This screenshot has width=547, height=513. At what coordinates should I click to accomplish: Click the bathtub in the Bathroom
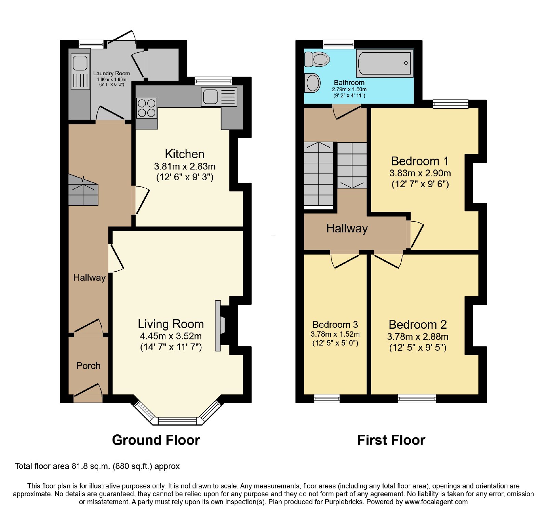tap(385, 63)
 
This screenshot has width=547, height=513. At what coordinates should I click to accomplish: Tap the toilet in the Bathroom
tap(317, 59)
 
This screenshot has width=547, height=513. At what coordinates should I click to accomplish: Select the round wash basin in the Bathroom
tap(312, 83)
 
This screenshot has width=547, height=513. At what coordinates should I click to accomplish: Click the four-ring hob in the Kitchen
tap(147, 108)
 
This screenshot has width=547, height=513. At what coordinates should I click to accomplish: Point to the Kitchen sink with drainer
tap(219, 97)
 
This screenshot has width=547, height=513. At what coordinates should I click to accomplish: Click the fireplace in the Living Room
tap(221, 326)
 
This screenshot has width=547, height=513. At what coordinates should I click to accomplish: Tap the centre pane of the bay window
tap(177, 421)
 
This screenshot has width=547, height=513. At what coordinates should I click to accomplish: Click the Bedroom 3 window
tap(327, 399)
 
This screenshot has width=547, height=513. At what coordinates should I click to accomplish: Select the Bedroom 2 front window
tap(417, 399)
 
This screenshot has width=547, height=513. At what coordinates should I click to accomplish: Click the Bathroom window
tap(338, 44)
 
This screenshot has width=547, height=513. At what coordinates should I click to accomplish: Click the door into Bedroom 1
tap(415, 234)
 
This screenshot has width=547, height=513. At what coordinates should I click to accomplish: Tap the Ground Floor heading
tap(156, 440)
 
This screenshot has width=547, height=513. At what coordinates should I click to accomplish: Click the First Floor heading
tap(391, 440)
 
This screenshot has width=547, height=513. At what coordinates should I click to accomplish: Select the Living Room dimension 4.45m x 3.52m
tap(171, 336)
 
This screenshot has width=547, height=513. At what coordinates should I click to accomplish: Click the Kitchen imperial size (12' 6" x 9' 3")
tap(185, 177)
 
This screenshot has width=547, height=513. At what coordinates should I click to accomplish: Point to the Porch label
tap(88, 366)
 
